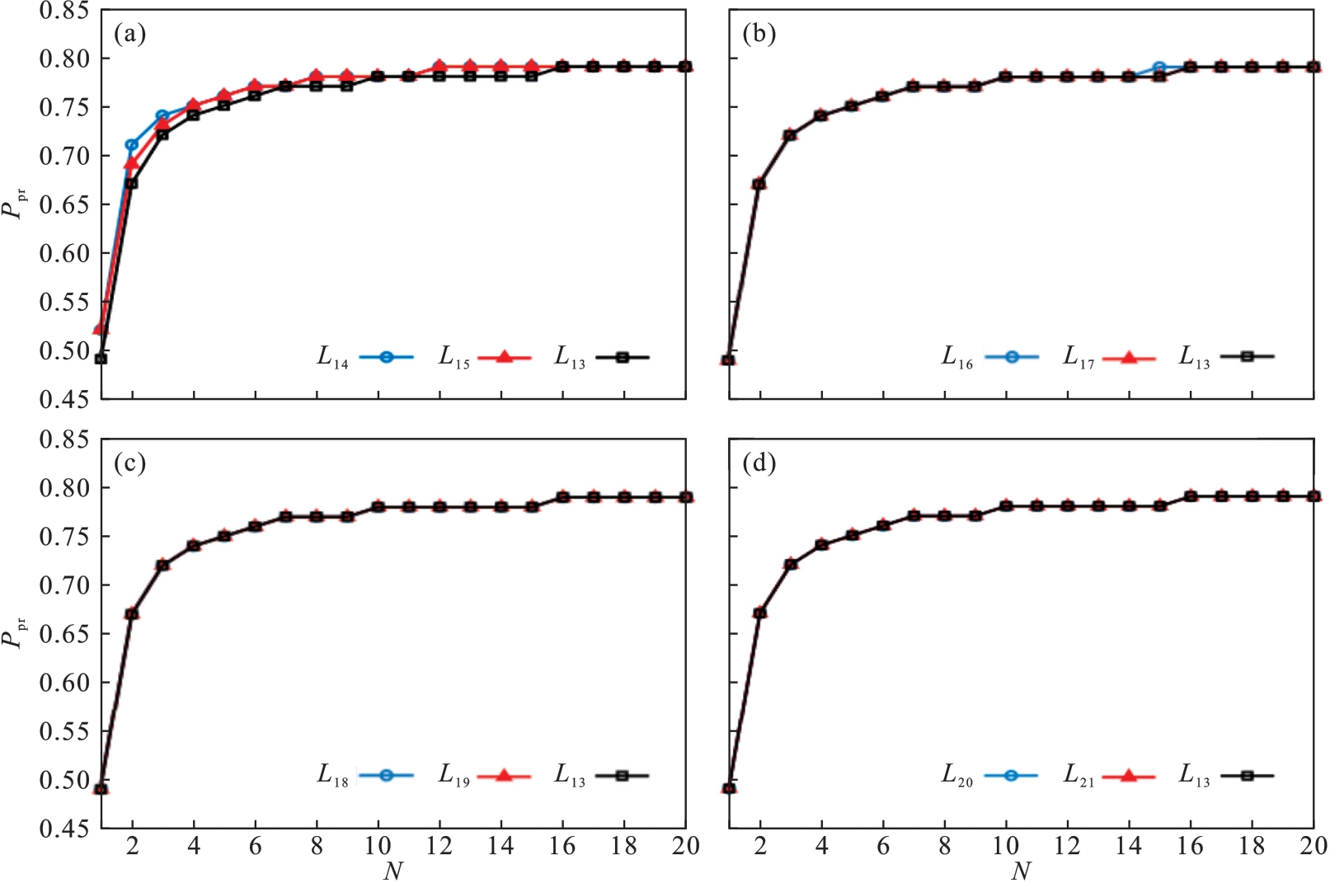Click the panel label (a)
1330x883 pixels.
pyautogui.click(x=130, y=34)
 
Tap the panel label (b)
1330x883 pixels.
pyautogui.click(x=759, y=34)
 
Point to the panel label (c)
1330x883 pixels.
pyautogui.click(x=130, y=463)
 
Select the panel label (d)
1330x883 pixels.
pyautogui.click(x=759, y=463)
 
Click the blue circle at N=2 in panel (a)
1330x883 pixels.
pyautogui.click(x=131, y=145)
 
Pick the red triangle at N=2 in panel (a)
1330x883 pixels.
pyautogui.click(x=131, y=163)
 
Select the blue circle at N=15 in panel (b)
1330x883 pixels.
pyautogui.click(x=1159, y=68)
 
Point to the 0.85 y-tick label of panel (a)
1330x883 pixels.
pyautogui.click(x=63, y=12)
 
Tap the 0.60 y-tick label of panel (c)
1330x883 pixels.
pyautogui.click(x=63, y=683)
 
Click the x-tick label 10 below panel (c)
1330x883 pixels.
pyautogui.click(x=378, y=846)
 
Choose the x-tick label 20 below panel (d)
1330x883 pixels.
pyautogui.click(x=1312, y=846)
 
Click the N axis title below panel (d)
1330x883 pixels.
pyautogui.click(x=1021, y=871)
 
